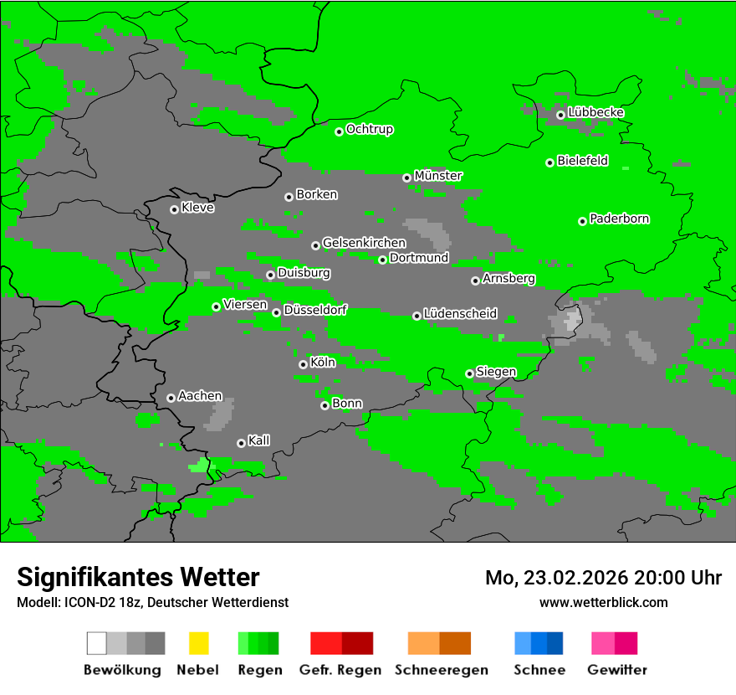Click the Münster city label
[x=438, y=176]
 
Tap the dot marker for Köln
[x=303, y=364]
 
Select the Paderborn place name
[x=620, y=219]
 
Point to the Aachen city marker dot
[x=171, y=398]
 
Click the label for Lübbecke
[x=595, y=112]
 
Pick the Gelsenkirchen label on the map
[x=364, y=243]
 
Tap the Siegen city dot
[x=469, y=373]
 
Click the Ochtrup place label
[x=370, y=129]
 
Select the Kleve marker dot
[x=174, y=209]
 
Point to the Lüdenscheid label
[x=460, y=314]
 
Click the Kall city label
[x=259, y=440]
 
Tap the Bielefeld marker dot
[x=549, y=162]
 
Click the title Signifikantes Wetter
[x=138, y=577]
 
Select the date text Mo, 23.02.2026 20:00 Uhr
[x=603, y=578]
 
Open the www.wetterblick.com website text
[x=603, y=602]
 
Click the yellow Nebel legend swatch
[x=198, y=643]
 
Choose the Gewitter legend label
[x=617, y=670]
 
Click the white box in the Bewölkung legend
[x=97, y=643]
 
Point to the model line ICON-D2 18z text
[x=152, y=602]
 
